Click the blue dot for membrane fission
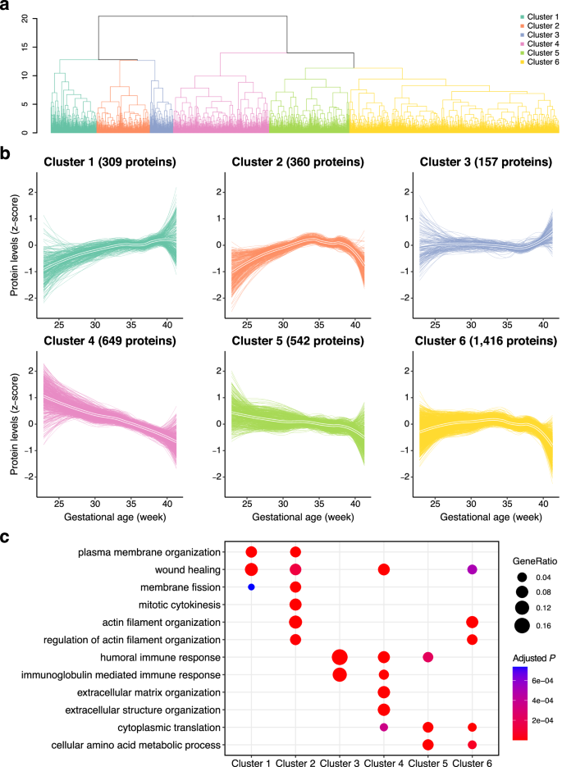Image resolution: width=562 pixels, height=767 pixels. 251,587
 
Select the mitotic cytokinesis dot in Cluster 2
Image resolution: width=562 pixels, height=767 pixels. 295,605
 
